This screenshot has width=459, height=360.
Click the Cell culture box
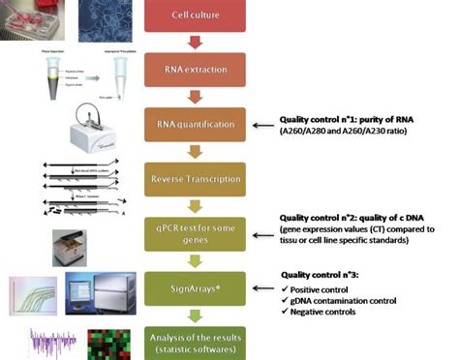[197, 16]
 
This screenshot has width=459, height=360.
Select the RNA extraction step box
[197, 70]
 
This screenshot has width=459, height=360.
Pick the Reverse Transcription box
[197, 178]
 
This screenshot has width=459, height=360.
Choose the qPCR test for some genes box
[197, 232]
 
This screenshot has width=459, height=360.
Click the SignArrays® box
[197, 287]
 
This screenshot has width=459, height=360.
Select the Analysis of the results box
[197, 340]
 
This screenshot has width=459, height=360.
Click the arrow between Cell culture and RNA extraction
[197, 43]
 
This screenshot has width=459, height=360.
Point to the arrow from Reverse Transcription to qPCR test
[197, 205]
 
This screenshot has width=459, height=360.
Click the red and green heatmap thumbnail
[107, 344]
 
